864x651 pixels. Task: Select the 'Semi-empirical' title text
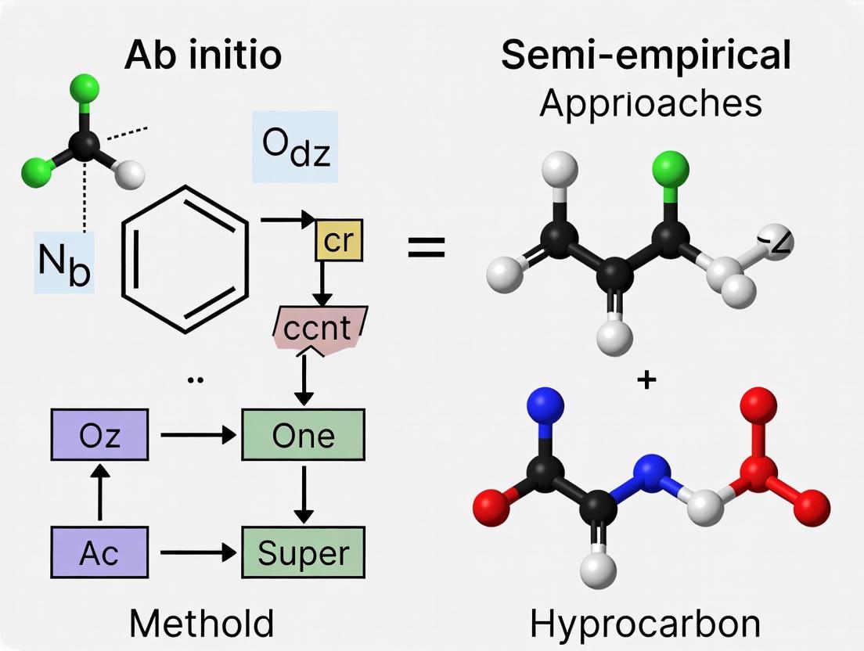(x=646, y=56)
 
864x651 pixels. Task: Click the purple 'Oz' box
(x=99, y=435)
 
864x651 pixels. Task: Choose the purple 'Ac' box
(x=99, y=552)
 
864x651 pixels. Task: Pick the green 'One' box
(x=304, y=435)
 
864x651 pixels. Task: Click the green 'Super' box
(x=304, y=552)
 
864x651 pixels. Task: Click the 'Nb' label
(x=63, y=264)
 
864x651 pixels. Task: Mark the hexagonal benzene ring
(x=185, y=259)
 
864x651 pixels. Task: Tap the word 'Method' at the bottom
(x=201, y=624)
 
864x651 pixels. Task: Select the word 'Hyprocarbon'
(x=645, y=624)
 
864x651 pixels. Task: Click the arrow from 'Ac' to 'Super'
(x=196, y=552)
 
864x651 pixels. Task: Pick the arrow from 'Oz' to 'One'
(x=196, y=435)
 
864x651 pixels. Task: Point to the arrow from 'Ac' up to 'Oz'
(x=99, y=493)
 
